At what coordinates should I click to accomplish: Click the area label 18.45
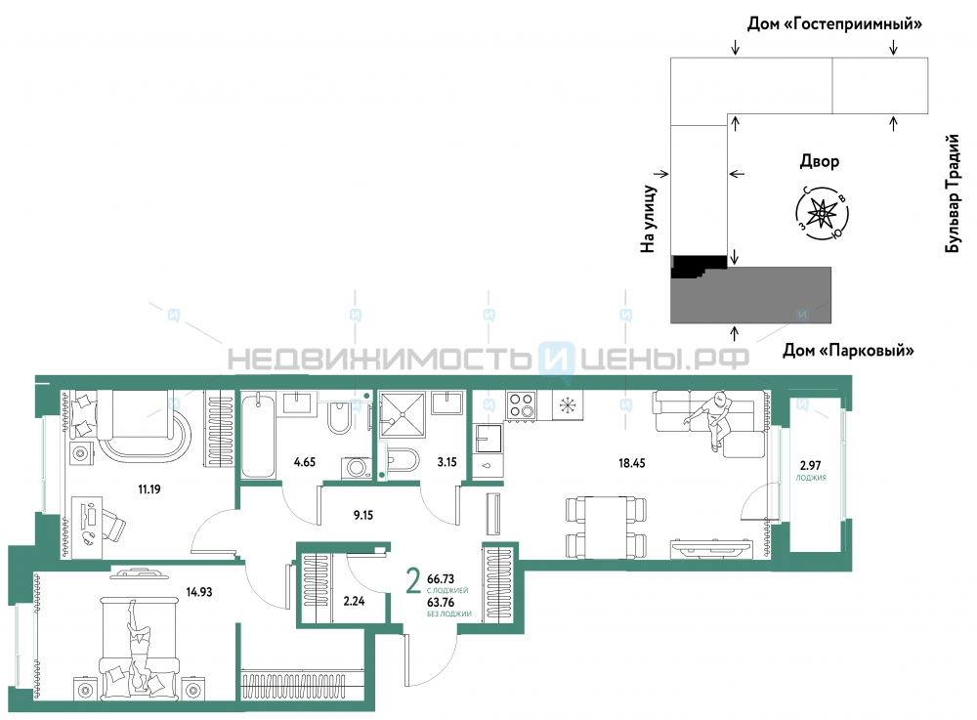(631, 463)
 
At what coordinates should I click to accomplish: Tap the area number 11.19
(149, 488)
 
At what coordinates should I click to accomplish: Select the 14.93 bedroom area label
(198, 592)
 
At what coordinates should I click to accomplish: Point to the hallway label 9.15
(363, 515)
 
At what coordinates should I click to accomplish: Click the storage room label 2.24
(354, 601)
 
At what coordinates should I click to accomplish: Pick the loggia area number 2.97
(810, 465)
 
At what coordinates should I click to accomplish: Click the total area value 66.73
(441, 579)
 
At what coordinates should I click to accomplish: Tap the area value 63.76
(441, 603)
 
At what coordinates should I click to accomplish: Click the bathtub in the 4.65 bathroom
(258, 436)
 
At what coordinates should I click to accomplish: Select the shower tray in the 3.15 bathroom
(402, 413)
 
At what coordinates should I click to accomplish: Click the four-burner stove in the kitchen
(521, 405)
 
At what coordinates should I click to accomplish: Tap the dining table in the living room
(606, 527)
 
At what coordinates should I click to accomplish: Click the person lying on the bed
(139, 648)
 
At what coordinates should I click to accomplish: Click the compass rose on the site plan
(822, 214)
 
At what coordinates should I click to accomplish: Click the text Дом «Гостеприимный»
(834, 24)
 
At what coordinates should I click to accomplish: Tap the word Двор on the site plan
(820, 161)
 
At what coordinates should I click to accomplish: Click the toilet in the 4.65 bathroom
(340, 418)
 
